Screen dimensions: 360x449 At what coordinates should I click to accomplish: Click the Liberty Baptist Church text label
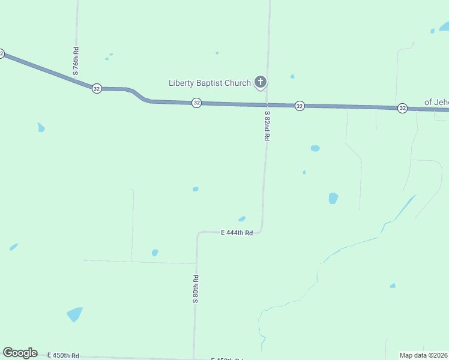click(209, 83)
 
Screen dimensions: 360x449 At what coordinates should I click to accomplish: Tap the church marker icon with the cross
click(261, 82)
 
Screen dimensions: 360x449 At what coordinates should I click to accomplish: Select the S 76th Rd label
click(76, 60)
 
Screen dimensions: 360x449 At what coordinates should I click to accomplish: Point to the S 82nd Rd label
click(267, 125)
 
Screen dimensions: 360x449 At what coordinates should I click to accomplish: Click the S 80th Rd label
click(196, 289)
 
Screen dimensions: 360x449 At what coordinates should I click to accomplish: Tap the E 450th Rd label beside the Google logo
click(62, 356)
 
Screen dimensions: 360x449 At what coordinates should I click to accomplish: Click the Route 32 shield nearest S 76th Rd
click(97, 88)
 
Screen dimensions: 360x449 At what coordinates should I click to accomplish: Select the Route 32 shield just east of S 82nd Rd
click(300, 106)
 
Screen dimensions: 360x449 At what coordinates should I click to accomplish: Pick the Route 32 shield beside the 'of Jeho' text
click(402, 108)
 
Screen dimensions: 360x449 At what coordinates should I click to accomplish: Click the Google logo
click(20, 353)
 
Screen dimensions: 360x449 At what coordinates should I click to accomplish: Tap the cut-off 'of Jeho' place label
click(436, 102)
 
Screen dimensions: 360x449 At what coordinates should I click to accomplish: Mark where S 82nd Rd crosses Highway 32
click(267, 105)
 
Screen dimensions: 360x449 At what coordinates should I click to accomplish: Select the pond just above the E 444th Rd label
click(241, 219)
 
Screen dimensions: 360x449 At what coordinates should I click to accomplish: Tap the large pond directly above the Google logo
click(74, 314)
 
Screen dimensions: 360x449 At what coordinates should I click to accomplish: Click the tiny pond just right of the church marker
click(292, 76)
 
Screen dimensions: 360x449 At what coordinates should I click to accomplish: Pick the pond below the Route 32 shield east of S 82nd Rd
click(315, 148)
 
